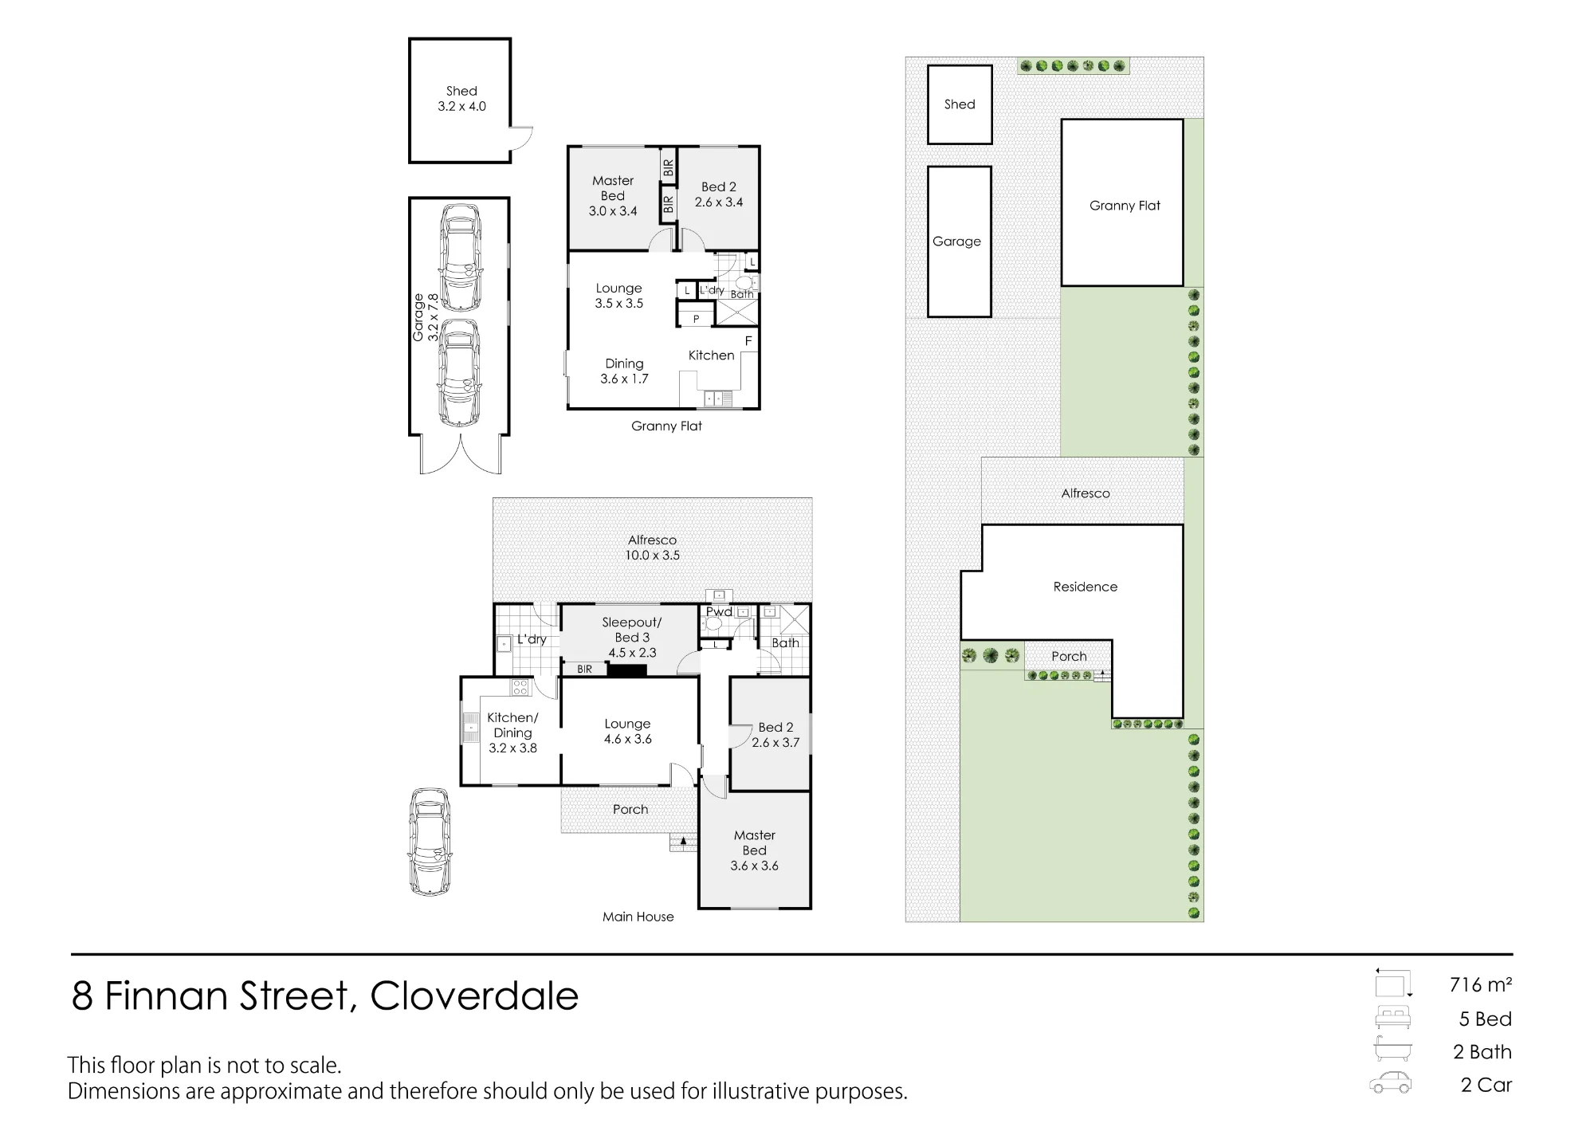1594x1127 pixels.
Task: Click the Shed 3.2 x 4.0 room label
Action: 461,99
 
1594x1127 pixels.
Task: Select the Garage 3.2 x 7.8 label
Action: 426,317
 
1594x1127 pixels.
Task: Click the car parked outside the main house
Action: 430,842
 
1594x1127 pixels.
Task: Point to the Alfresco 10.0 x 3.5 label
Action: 653,548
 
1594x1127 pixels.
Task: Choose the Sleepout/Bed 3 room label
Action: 632,637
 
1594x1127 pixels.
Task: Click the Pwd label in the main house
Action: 719,611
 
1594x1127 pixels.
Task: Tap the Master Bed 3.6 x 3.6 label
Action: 755,850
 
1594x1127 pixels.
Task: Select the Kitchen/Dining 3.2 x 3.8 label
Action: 512,732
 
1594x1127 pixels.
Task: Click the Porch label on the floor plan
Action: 630,809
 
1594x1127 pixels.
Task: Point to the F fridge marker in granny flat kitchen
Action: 748,341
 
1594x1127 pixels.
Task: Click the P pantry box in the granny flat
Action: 696,318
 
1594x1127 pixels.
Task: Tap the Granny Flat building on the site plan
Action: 1122,202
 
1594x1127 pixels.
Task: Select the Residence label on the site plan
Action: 1086,587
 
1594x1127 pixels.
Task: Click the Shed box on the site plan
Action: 960,104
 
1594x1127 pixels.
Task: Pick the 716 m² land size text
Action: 1481,984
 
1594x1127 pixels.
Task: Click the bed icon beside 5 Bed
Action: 1392,1017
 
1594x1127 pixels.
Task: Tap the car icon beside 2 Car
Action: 1391,1082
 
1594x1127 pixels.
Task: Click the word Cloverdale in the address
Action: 474,995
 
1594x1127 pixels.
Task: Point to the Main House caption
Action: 638,917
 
